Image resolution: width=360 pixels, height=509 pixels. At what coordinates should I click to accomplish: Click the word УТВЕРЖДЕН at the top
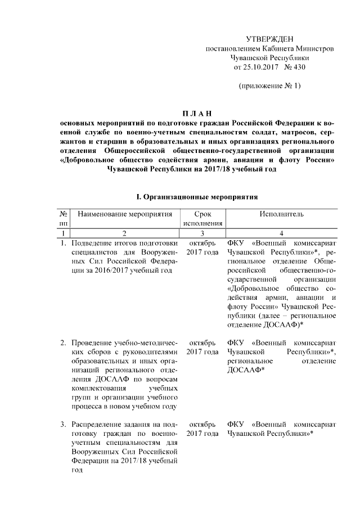(270, 39)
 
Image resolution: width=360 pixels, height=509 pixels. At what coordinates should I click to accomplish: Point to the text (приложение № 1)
(270, 86)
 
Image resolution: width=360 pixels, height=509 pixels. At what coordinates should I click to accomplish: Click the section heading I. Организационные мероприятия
(197, 198)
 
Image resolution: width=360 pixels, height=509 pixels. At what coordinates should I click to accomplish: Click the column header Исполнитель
(282, 214)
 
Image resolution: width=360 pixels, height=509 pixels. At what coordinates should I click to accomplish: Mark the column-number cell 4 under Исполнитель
(282, 233)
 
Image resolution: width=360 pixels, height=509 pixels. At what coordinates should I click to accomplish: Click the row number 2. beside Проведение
(63, 343)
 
